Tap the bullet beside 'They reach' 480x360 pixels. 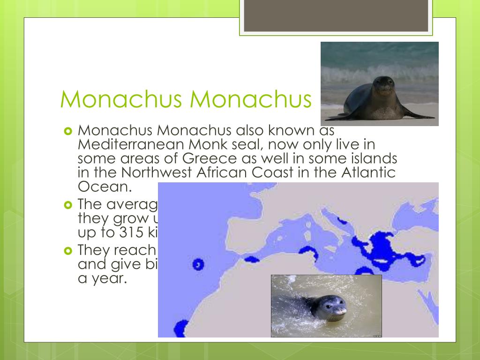click(67, 251)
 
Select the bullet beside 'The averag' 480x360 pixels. click(67, 205)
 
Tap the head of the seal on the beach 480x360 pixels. click(384, 85)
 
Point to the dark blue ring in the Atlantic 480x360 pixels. click(198, 264)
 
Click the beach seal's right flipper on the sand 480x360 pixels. click(420, 115)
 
